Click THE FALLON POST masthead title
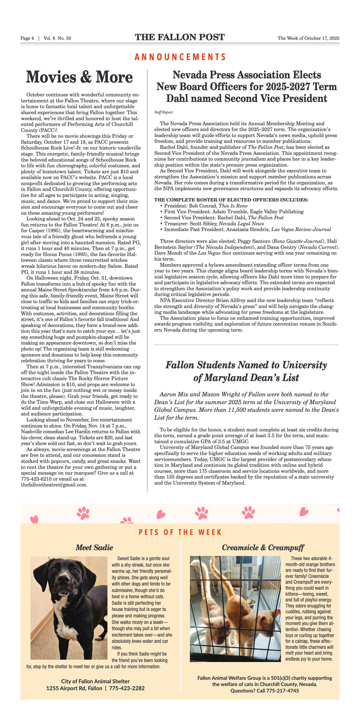pyautogui.click(x=180, y=37)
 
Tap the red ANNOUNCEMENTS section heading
pyautogui.click(x=180, y=57)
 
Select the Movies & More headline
pyautogui.click(x=79, y=77)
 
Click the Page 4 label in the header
pyautogui.click(x=27, y=38)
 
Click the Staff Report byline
pyautogui.click(x=164, y=112)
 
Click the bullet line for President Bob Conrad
pyautogui.click(x=205, y=206)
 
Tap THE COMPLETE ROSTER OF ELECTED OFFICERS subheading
pyautogui.click(x=231, y=200)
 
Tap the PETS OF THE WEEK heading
pyautogui.click(x=180, y=532)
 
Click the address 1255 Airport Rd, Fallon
pyautogui.click(x=74, y=688)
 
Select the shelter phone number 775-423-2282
pyautogui.click(x=127, y=688)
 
